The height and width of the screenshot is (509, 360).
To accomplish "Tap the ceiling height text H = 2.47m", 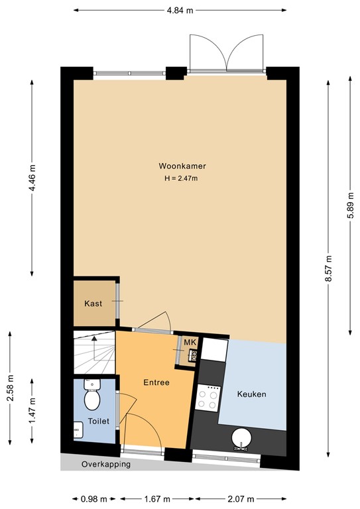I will coord(181,179).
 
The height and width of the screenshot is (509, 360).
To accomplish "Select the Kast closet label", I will coord(93,304).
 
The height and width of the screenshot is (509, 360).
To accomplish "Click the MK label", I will coord(190,342).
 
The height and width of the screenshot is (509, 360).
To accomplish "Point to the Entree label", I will coord(157,382).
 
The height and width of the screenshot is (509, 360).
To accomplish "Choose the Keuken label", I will coord(251,394).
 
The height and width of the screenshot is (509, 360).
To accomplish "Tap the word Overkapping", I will coord(105,464).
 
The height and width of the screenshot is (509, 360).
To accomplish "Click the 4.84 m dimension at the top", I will coord(180,11).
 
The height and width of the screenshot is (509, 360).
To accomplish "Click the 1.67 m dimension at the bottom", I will coord(156,499).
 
